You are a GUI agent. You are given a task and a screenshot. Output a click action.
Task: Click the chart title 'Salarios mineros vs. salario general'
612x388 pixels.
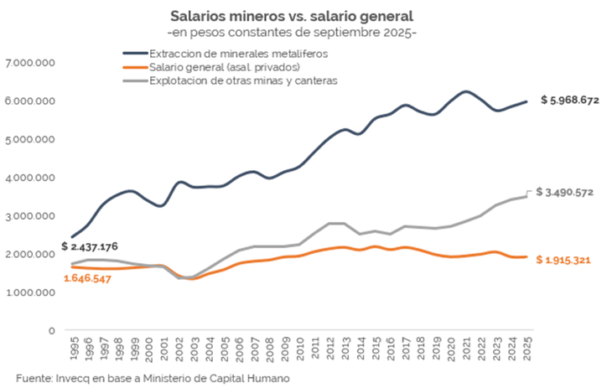pyautogui.click(x=293, y=16)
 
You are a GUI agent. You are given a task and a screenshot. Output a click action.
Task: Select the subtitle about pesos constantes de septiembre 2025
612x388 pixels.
pyautogui.click(x=293, y=33)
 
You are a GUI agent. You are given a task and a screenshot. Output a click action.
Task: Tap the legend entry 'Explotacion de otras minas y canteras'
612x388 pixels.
pyautogui.click(x=243, y=80)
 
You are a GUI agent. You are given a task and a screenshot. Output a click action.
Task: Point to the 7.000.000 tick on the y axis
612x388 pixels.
pyautogui.click(x=30, y=63)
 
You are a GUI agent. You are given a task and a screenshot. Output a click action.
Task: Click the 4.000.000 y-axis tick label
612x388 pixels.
pyautogui.click(x=30, y=178)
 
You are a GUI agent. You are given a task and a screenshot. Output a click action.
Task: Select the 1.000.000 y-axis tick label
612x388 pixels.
pyautogui.click(x=30, y=292)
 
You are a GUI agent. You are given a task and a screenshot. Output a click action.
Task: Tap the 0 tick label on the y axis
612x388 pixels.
pyautogui.click(x=52, y=330)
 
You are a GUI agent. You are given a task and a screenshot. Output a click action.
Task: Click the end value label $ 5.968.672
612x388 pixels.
pyautogui.click(x=570, y=101)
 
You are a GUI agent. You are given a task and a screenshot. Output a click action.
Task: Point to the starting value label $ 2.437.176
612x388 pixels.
pyautogui.click(x=90, y=246)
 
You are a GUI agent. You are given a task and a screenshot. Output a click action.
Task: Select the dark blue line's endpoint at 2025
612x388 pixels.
pyautogui.click(x=526, y=101)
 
